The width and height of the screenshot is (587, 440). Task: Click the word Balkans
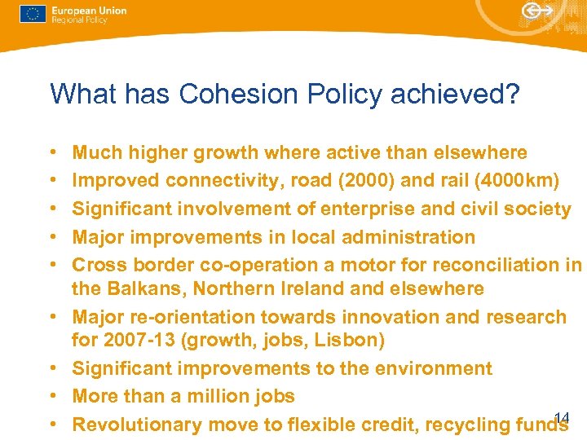pos(147,288)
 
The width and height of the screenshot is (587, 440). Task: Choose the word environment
pos(433,368)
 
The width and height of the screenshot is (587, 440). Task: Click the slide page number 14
pos(561,418)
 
